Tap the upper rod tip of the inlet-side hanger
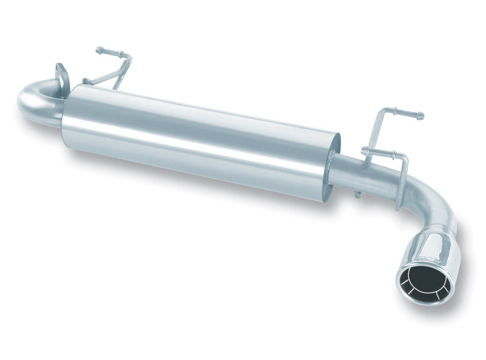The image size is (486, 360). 98,50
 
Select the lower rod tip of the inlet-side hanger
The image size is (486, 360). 86,81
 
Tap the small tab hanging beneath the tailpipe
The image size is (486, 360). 358,194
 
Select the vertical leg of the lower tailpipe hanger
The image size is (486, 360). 401,182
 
